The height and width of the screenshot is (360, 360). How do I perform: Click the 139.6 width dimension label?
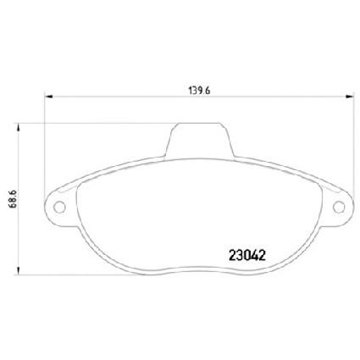(199, 91)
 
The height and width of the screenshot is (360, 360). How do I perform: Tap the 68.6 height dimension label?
(13, 199)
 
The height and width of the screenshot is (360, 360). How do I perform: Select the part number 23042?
(247, 256)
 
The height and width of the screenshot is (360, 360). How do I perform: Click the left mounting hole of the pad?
(59, 208)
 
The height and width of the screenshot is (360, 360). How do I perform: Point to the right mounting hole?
(339, 208)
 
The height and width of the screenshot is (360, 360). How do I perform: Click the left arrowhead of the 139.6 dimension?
(49, 97)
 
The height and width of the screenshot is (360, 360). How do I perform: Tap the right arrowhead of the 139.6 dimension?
(350, 97)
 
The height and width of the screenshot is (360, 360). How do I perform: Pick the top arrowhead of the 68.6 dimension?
(19, 127)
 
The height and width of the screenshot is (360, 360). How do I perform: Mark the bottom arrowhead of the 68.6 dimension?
(19, 270)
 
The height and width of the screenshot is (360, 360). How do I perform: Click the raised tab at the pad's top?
(199, 140)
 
